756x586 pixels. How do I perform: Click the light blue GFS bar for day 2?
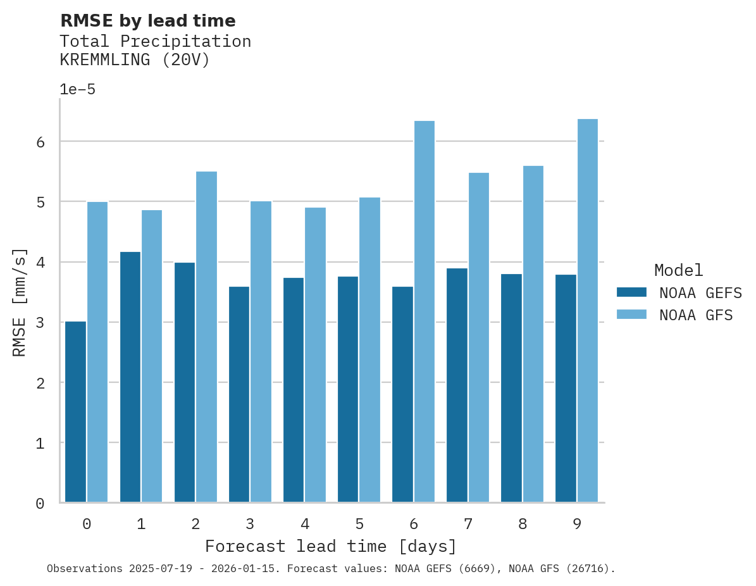[x=207, y=337]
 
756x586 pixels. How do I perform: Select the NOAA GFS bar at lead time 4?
[x=316, y=354]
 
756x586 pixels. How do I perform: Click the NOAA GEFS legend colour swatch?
[x=631, y=292]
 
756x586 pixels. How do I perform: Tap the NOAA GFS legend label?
[x=696, y=315]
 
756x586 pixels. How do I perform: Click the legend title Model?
[x=678, y=271]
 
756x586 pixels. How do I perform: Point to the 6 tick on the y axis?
[x=40, y=142]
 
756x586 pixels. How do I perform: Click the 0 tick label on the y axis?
[x=40, y=504]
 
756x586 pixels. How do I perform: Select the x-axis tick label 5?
[x=359, y=525]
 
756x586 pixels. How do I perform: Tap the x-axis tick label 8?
[x=523, y=525]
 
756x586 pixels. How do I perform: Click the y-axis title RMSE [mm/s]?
[x=20, y=302]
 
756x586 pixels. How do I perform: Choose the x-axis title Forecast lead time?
[x=330, y=546]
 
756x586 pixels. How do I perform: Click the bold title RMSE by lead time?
[x=147, y=21]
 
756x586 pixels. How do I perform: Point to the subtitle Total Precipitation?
[x=155, y=42]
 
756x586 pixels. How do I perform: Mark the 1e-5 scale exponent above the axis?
[x=77, y=90]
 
